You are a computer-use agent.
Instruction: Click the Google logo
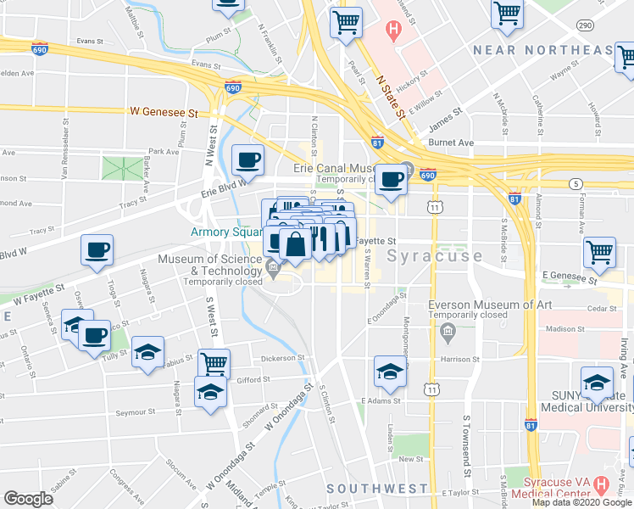click(x=28, y=499)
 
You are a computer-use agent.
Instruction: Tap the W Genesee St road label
click(x=164, y=112)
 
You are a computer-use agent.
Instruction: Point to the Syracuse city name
click(x=435, y=255)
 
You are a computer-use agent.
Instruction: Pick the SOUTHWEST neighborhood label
click(x=377, y=489)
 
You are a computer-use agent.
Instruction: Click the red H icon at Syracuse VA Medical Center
click(x=602, y=486)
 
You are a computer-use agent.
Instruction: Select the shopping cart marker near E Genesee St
click(x=599, y=251)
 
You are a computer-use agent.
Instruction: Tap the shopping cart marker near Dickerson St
click(x=214, y=363)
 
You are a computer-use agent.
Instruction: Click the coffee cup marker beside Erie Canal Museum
click(x=391, y=179)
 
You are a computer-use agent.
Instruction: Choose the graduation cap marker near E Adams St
click(x=390, y=371)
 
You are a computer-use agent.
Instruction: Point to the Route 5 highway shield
click(x=576, y=184)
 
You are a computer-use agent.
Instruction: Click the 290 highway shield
click(x=585, y=26)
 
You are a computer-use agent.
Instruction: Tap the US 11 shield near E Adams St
click(x=432, y=389)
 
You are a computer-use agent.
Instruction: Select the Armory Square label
click(x=224, y=231)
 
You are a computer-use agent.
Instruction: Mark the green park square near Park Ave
click(x=120, y=168)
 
